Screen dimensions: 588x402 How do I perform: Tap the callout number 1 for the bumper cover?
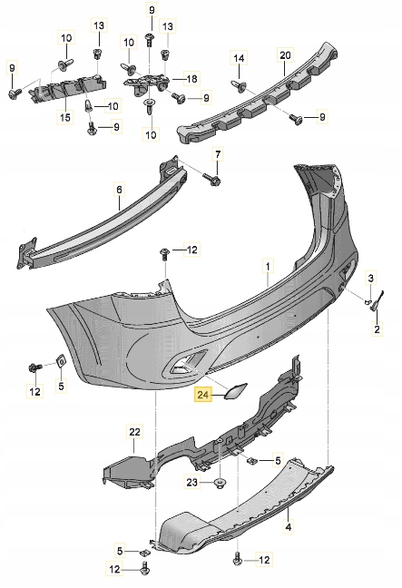click(268, 268)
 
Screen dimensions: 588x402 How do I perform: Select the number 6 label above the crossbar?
click(118, 190)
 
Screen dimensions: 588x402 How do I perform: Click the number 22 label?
click(134, 431)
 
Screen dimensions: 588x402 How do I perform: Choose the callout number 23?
click(191, 481)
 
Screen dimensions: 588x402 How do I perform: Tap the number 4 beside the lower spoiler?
click(289, 525)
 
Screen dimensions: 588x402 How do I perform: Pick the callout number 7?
click(217, 155)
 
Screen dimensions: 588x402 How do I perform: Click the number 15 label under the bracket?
click(65, 117)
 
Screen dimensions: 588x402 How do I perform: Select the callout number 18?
click(191, 79)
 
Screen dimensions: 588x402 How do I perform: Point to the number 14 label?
click(239, 59)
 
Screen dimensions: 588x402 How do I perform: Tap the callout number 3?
click(370, 276)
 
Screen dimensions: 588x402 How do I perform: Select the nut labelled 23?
click(221, 481)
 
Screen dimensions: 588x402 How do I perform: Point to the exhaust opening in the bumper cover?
click(181, 365)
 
